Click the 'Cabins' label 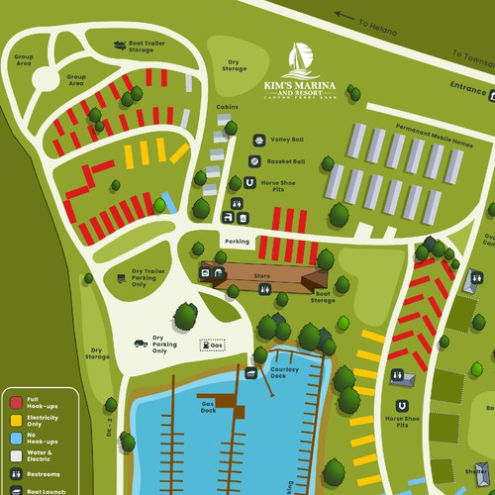(x=228, y=107)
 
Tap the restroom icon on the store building (x=265, y=288)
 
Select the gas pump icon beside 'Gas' (x=206, y=345)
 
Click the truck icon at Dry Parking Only (x=142, y=343)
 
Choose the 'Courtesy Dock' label (x=284, y=372)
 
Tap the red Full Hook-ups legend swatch (x=16, y=403)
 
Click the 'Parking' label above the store (x=237, y=241)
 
